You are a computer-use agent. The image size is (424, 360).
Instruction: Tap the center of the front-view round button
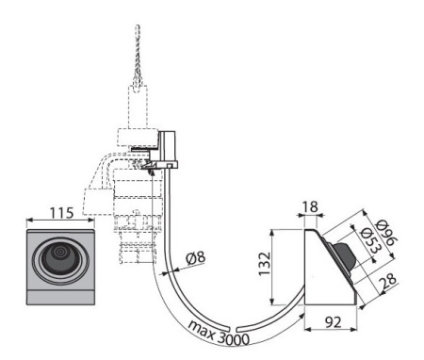[59, 257]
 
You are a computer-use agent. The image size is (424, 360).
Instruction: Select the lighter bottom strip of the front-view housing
[59, 297]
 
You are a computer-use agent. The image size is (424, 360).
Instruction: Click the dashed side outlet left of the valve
[98, 201]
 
